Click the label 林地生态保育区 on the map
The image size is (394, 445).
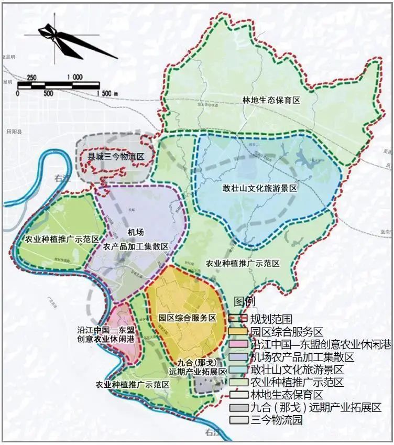click(271, 100)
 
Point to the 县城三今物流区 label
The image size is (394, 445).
click(115, 157)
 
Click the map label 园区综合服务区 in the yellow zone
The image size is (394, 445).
click(187, 318)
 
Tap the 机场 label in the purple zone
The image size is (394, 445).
click(135, 232)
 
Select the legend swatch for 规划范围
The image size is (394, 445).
click(238, 319)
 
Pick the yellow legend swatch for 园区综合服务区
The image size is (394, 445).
click(238, 332)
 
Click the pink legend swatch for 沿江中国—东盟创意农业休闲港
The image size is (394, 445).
click(238, 344)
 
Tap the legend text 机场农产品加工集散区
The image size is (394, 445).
click(302, 357)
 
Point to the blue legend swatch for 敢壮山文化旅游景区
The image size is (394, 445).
click(238, 370)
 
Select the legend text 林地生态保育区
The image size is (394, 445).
click(287, 395)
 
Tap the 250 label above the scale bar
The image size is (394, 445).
click(31, 78)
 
